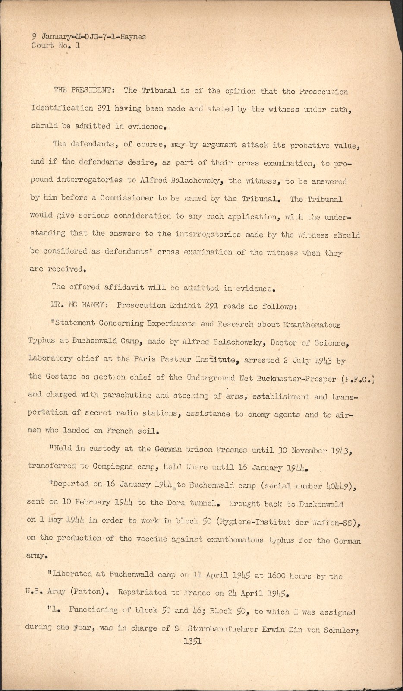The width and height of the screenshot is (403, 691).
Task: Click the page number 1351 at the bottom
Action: pos(192,642)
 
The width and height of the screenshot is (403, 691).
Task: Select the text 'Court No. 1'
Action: pos(56,45)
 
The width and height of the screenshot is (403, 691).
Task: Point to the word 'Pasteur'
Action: pos(172,359)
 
